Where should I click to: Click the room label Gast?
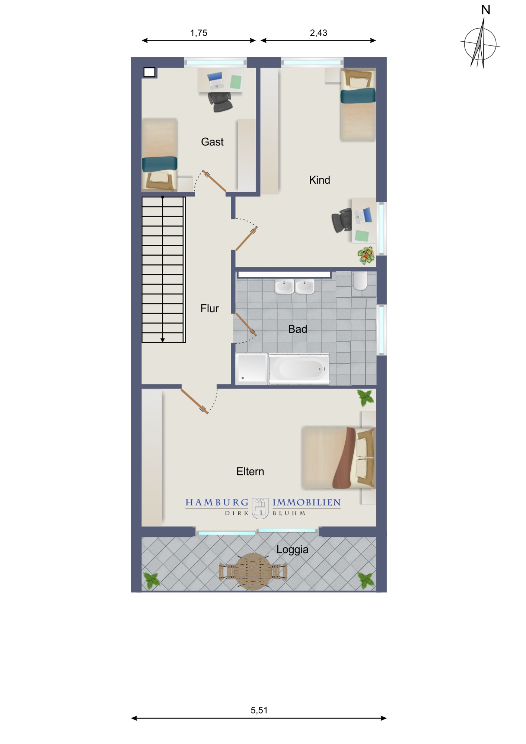coord(212,142)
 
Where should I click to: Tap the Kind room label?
coord(319,180)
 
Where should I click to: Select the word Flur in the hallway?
coord(210,308)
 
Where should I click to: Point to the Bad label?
coord(297,329)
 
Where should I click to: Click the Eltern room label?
coord(250,471)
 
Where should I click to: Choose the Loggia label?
coord(292,550)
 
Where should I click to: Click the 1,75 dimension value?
coord(199,33)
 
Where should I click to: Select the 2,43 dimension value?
coord(319,33)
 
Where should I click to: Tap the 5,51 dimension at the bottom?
coord(259,711)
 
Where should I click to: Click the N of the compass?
coord(485,10)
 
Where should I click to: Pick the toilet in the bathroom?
coord(360,281)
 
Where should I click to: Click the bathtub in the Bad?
coord(299,369)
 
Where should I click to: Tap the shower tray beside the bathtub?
coord(252,368)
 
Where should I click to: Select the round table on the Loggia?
coord(253,572)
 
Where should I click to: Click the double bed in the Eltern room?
coord(338,458)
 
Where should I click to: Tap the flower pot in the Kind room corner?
coord(366,256)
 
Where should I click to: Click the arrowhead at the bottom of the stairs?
coord(163,340)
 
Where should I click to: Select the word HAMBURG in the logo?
coord(217,503)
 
